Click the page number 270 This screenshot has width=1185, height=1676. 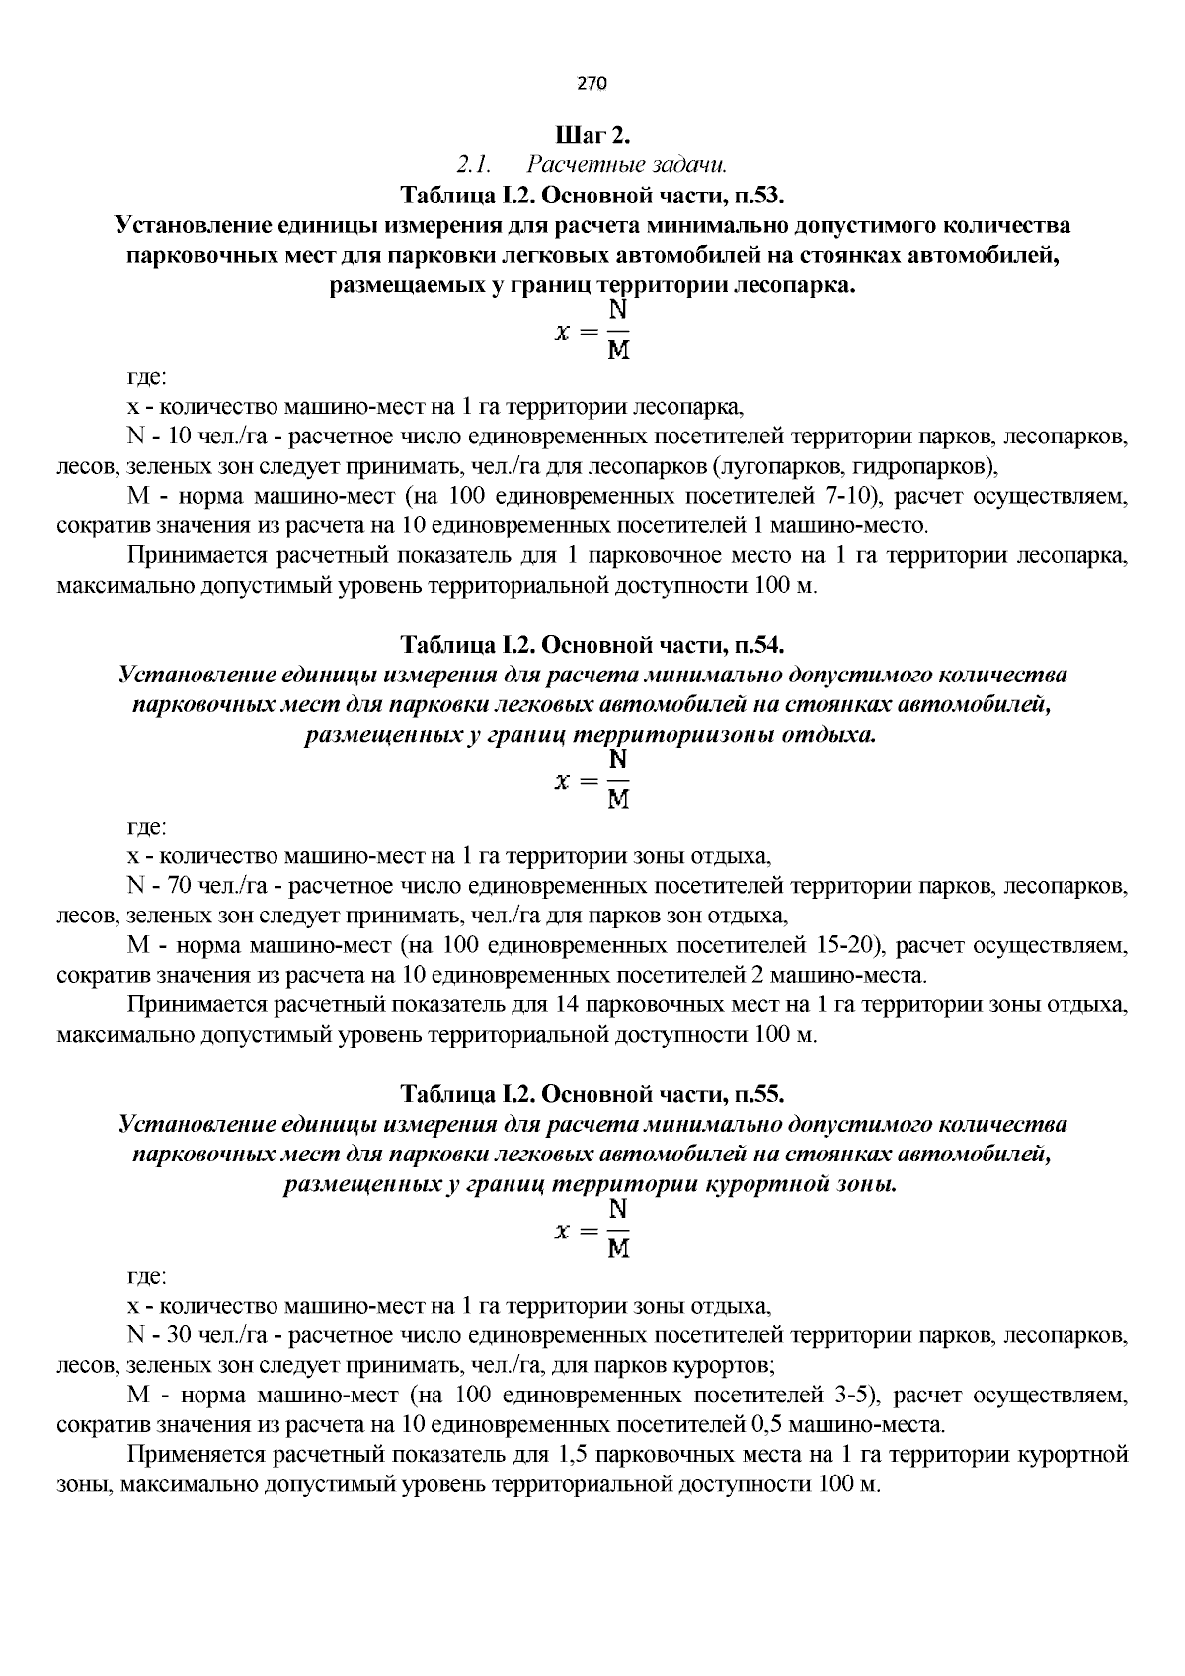tap(592, 83)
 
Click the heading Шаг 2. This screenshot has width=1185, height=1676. tap(592, 133)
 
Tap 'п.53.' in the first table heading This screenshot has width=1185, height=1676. tap(758, 192)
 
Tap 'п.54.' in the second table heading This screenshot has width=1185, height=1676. tap(758, 645)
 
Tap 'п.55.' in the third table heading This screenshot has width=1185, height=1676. tap(758, 1094)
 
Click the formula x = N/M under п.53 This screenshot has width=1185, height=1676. tap(592, 332)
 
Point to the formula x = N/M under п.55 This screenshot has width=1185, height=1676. tap(592, 1231)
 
